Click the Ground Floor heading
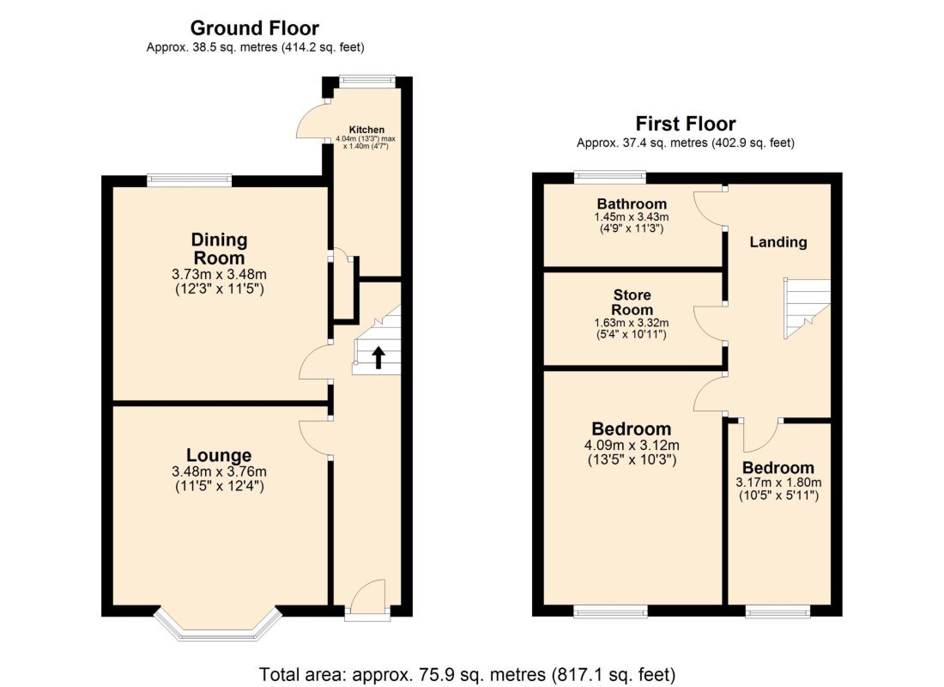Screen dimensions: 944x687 click(255, 28)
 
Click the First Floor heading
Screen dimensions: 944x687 click(686, 124)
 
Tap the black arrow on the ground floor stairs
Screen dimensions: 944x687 click(378, 357)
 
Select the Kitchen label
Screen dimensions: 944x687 click(366, 130)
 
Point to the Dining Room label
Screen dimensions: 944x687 click(219, 249)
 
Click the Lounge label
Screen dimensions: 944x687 click(219, 455)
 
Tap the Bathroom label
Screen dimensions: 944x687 click(632, 204)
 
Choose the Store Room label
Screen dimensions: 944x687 click(632, 302)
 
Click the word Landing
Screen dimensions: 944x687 click(778, 242)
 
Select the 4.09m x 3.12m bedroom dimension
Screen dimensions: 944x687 click(632, 446)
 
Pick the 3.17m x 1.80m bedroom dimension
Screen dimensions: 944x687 click(778, 482)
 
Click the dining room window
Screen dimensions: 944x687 click(190, 179)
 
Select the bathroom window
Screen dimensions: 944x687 click(610, 177)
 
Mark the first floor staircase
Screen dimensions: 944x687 click(807, 308)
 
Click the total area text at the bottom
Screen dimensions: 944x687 click(467, 674)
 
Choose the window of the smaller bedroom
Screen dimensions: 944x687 click(778, 611)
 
